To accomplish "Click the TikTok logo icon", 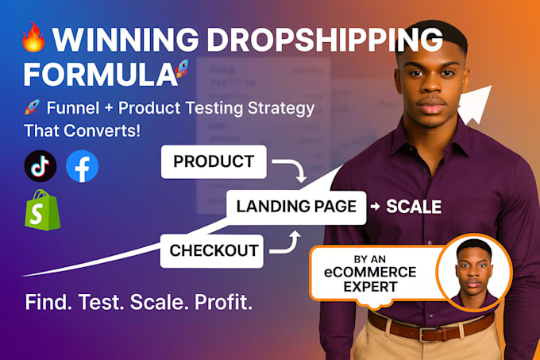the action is (40, 166).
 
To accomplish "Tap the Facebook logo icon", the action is (83, 166).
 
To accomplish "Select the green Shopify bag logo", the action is (43, 210).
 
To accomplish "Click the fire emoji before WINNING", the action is (33, 37).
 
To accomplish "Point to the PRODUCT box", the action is (214, 161).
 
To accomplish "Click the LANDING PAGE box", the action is (296, 207).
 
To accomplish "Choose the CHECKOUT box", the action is (211, 250).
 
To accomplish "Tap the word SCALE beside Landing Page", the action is (414, 207).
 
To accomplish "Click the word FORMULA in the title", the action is (100, 75).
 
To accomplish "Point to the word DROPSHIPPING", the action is (325, 40).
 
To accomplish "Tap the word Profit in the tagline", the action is (223, 302).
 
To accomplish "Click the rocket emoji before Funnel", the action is (32, 107).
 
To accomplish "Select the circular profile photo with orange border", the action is (474, 272).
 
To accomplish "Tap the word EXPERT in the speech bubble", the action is (370, 287).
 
